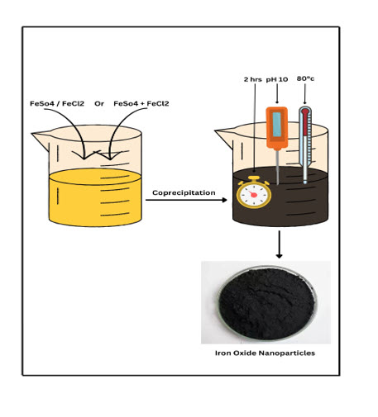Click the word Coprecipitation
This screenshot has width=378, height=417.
pos(184,192)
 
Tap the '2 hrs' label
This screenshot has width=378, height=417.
pos(252,79)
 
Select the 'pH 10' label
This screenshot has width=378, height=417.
pos(277,79)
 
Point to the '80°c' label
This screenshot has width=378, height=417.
pos(305,78)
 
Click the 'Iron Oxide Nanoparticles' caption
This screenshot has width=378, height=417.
pos(265,353)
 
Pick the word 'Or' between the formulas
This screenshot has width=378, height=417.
pos(99,104)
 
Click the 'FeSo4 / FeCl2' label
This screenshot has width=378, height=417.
pos(57,104)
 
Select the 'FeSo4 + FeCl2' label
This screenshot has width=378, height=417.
pos(141,104)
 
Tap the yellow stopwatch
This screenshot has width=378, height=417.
pos(254,192)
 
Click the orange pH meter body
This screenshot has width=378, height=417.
pos(277,128)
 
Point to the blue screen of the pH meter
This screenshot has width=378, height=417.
pos(277,125)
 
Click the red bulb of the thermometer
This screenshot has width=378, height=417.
pos(305,111)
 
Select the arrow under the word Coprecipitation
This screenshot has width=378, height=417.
pos(186,200)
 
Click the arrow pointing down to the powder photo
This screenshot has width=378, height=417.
pos(280,244)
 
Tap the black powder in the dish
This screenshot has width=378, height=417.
pos(266,304)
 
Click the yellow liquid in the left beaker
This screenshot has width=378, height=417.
pos(95,197)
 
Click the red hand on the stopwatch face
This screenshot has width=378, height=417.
pos(253,194)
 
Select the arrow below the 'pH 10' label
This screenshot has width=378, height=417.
pos(277,94)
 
